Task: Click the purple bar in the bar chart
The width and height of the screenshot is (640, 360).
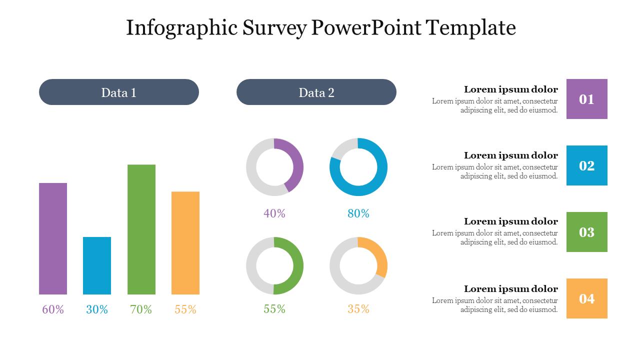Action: coord(53,238)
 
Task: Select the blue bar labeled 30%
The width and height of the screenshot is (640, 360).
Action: coord(97,265)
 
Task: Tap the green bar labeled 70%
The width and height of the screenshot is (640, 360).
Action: coord(141,229)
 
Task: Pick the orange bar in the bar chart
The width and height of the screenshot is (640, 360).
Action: coord(185,243)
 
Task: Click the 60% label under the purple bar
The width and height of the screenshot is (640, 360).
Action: coord(53,309)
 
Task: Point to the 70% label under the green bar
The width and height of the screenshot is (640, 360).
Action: coord(141,309)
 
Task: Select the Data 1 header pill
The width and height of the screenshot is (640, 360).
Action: coord(119,92)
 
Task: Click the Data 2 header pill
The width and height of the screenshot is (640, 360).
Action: coord(316,92)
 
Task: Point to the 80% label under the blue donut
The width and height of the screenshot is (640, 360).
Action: coord(358,213)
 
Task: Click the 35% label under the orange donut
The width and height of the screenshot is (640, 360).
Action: coord(358,309)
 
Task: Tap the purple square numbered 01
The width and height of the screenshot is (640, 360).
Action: coord(587,99)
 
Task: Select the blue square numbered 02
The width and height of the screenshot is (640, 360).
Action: coord(587,165)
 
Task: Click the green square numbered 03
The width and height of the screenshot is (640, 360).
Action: coord(587,232)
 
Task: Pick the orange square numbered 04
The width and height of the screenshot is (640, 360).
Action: coord(587,298)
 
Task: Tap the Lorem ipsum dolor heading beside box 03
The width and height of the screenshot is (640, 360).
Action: coord(510,221)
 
